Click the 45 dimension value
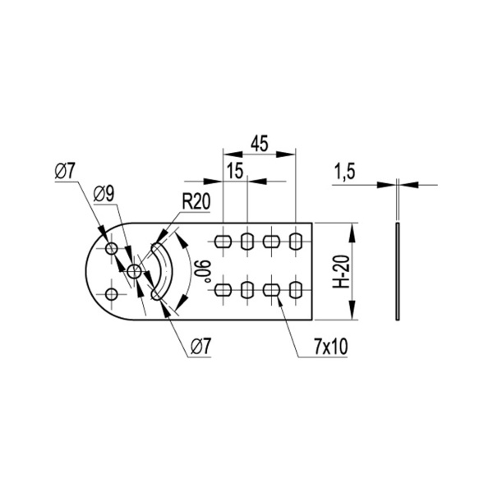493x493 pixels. [x=259, y=143]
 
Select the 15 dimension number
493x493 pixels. [x=235, y=170]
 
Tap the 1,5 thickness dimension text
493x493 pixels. [x=345, y=171]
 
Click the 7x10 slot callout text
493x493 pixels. [x=330, y=348]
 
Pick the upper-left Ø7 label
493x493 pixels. [x=66, y=171]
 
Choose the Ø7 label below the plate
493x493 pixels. [x=201, y=348]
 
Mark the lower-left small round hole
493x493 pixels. [x=111, y=293]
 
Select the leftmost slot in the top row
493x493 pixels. [x=223, y=241]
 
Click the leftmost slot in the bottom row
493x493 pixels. [x=223, y=289]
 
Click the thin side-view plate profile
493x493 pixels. [x=397, y=270]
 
